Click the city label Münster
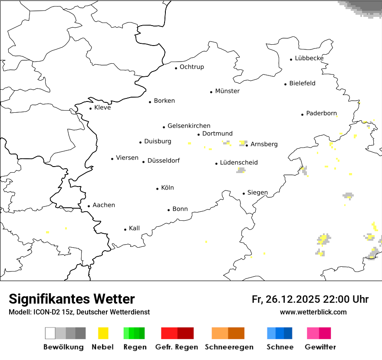tap(227, 91)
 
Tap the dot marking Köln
tap(158, 189)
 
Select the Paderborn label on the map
tap(321, 114)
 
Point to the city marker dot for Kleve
tap(90, 108)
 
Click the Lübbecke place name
tap(309, 58)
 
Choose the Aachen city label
tap(104, 205)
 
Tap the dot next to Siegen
tap(244, 193)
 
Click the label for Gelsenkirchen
tap(189, 126)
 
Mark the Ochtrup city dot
tap(176, 68)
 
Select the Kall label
tap(134, 228)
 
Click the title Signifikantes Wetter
tap(72, 299)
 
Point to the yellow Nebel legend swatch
tap(103, 333)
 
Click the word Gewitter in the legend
tap(320, 347)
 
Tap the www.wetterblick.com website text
tap(313, 312)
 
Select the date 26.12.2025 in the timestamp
tap(292, 299)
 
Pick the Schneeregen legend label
tap(229, 347)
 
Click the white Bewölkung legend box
tap(50, 333)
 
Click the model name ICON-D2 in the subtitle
tap(43, 312)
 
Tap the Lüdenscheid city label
tap(239, 163)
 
